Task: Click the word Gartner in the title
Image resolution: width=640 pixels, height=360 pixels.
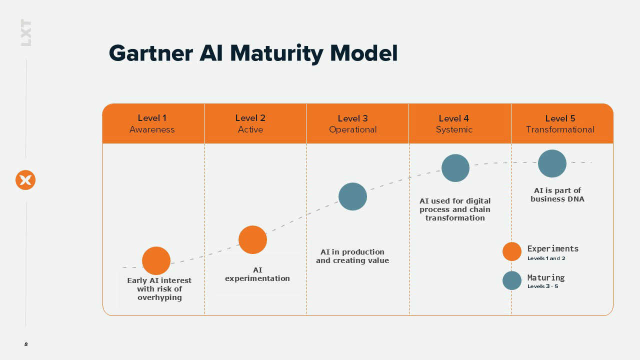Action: click(x=151, y=53)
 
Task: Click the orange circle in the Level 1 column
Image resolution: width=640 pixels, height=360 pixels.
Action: click(x=156, y=260)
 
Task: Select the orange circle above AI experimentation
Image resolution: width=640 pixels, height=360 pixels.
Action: click(x=252, y=239)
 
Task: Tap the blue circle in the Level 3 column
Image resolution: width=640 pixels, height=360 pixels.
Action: click(x=352, y=196)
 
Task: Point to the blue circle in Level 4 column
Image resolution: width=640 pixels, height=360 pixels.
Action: click(x=455, y=168)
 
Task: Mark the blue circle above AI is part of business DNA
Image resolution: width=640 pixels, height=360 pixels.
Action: click(x=552, y=163)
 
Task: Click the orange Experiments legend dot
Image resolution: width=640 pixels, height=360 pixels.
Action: click(x=511, y=251)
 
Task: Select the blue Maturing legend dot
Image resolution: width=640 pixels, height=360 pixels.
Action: click(x=511, y=280)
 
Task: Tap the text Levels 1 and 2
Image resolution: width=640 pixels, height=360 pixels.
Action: click(x=546, y=258)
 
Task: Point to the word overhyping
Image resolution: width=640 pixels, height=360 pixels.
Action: click(x=159, y=297)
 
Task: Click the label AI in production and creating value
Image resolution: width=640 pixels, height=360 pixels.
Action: click(x=352, y=256)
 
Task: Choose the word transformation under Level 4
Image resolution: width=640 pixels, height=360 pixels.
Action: click(x=455, y=218)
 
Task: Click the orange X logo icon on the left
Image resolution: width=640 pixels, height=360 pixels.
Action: click(x=25, y=180)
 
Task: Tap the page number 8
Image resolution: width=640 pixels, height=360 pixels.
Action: click(x=26, y=344)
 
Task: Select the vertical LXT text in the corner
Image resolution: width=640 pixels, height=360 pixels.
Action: click(x=26, y=32)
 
